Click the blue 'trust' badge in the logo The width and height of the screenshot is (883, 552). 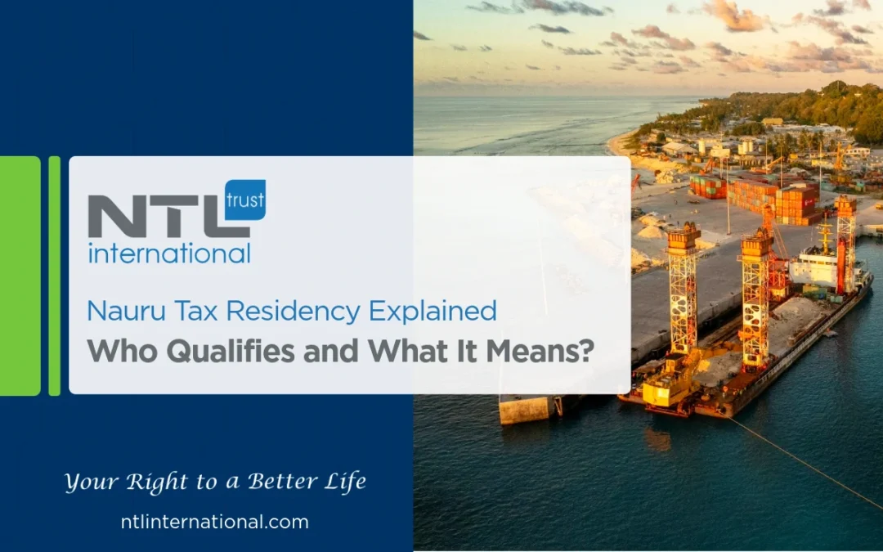(x=244, y=200)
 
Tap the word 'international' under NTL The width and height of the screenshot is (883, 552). (x=169, y=253)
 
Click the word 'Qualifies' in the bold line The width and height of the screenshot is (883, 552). (x=219, y=350)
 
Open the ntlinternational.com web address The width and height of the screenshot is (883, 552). (x=214, y=522)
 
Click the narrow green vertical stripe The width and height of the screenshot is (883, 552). (x=55, y=276)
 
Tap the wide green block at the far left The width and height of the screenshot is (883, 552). (x=20, y=276)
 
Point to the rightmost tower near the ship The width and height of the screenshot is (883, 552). (x=845, y=241)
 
